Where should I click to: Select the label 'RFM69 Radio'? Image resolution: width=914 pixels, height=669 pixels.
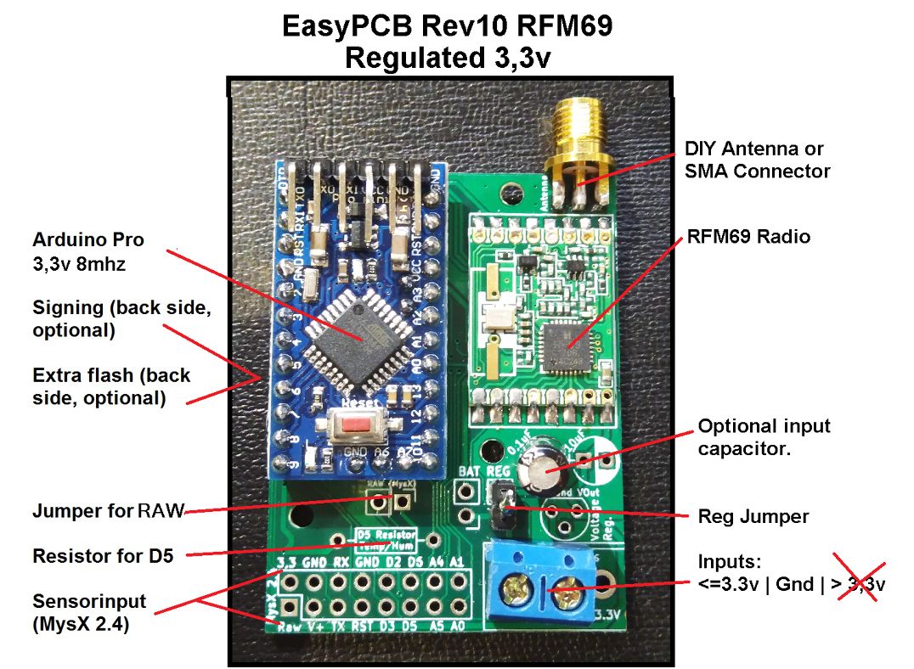pos(748,236)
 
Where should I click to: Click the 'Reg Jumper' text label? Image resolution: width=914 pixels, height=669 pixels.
pos(753,517)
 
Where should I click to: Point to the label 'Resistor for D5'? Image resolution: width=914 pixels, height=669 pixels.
pos(103,556)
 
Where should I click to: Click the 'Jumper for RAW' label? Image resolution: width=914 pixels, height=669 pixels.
pos(109,512)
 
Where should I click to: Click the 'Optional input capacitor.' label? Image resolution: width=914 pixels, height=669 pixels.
pos(764,437)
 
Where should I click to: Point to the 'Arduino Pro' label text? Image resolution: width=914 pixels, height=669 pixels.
pos(88,239)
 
